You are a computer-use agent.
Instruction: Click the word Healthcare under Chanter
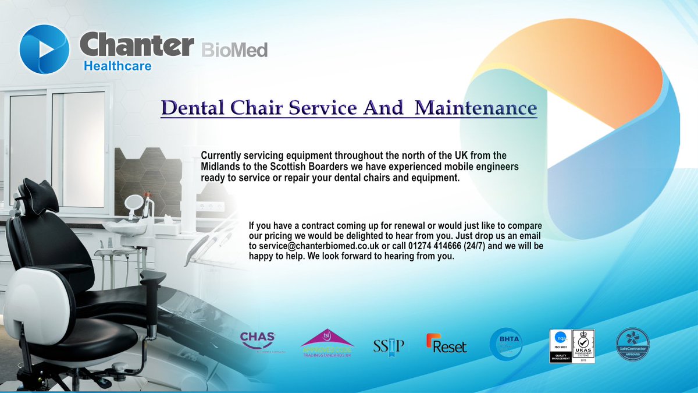pos(117,66)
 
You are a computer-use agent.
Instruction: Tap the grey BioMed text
pos(234,49)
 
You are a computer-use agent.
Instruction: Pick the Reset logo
pos(446,345)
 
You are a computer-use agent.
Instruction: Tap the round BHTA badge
pos(505,344)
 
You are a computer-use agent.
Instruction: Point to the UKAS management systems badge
pos(583,346)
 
